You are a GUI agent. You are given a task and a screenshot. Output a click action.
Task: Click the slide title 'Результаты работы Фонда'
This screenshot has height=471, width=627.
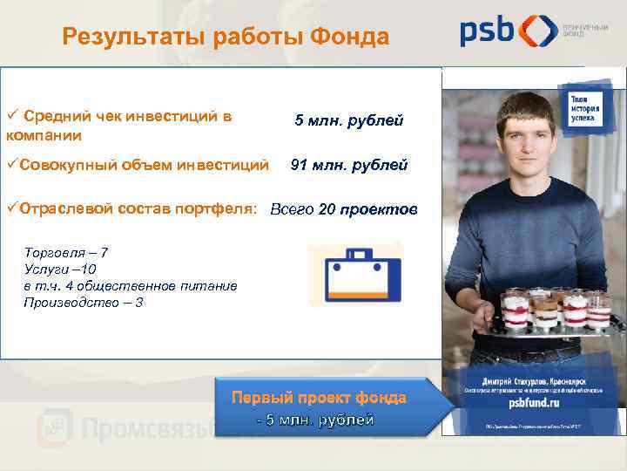click(x=226, y=37)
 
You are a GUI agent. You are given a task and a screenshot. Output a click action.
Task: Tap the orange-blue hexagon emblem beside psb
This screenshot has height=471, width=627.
click(x=538, y=31)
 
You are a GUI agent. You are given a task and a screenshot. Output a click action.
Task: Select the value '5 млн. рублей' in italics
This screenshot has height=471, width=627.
click(x=348, y=120)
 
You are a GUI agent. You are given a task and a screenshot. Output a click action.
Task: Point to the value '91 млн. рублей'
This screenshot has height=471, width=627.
click(x=348, y=164)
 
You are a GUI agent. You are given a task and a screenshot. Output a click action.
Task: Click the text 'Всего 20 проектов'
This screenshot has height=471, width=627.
click(x=344, y=209)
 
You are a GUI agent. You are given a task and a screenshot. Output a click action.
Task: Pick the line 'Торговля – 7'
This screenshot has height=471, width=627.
click(x=66, y=252)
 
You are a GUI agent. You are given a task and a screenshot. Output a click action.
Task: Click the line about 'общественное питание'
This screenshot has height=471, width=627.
click(x=130, y=285)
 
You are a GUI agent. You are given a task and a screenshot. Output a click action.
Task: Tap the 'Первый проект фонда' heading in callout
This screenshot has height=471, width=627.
click(x=318, y=397)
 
